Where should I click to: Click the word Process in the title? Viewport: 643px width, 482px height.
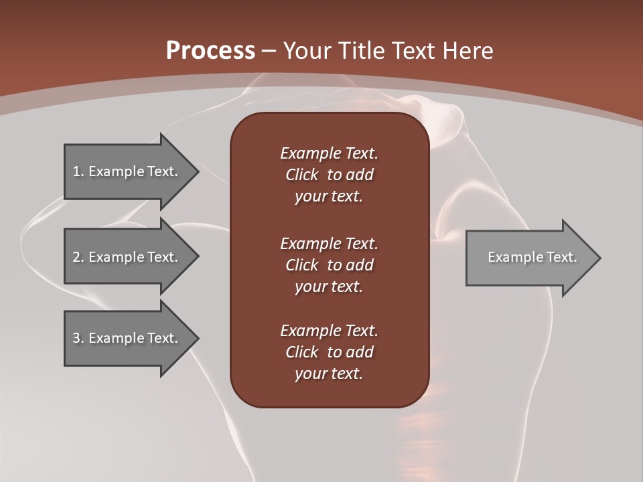[210, 51]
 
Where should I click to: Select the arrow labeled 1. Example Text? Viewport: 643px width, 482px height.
[127, 171]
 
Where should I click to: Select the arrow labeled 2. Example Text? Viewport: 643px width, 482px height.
[127, 257]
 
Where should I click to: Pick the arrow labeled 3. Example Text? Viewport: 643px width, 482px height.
[127, 338]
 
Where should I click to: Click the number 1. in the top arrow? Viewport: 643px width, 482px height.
[78, 171]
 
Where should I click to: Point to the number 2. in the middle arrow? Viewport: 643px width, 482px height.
[78, 257]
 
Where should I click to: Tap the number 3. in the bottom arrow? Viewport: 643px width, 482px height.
[78, 338]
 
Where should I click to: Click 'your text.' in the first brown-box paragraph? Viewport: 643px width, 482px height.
[329, 197]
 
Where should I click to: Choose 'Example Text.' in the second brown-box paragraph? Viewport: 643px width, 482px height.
[329, 243]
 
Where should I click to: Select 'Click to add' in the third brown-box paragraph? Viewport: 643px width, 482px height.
[329, 352]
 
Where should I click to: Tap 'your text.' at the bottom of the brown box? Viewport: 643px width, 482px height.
[329, 374]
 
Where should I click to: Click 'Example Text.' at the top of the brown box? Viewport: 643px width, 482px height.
[329, 153]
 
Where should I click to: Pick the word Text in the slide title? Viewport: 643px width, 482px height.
[412, 51]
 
